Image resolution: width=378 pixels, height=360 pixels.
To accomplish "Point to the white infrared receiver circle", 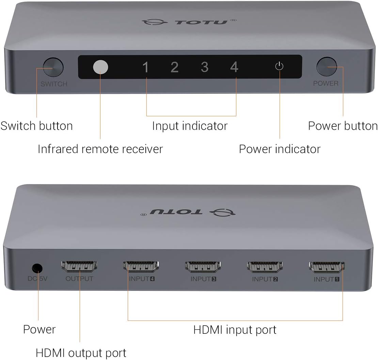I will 100,67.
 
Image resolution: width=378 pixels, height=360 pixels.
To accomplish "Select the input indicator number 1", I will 146,67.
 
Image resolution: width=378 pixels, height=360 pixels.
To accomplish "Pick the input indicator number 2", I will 174,67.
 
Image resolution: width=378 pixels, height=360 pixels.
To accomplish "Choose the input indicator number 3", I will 204,67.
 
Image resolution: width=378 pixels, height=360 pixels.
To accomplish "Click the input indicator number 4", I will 234,67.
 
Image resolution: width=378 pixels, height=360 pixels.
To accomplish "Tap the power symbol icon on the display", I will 279,66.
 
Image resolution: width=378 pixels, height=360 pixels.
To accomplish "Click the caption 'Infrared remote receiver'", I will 100,149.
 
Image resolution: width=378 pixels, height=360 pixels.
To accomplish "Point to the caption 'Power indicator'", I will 280,149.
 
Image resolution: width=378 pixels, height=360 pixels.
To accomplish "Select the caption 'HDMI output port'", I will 81,352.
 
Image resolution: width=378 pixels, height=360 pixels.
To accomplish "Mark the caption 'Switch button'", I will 36,126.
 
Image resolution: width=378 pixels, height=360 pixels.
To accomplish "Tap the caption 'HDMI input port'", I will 235,330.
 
